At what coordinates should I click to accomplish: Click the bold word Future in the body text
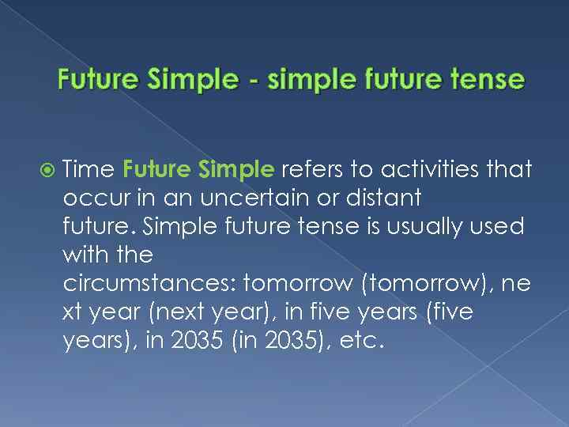(x=157, y=169)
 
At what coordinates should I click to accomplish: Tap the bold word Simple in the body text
(x=236, y=169)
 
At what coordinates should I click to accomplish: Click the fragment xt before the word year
(x=73, y=312)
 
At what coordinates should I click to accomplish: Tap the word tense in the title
(x=488, y=80)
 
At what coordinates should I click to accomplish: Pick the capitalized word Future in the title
(x=97, y=80)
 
